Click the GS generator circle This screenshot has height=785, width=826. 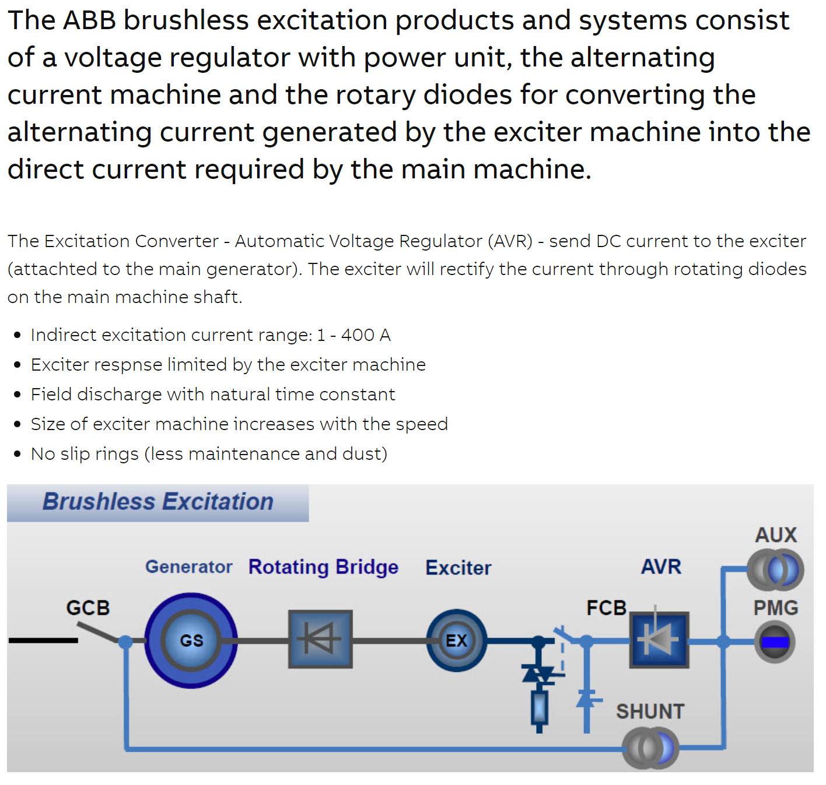(191, 640)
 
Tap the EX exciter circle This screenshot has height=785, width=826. (456, 640)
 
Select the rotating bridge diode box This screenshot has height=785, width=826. (320, 639)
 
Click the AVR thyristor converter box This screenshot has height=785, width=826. (659, 639)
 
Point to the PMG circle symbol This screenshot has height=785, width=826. (775, 642)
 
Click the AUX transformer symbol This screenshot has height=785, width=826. (775, 569)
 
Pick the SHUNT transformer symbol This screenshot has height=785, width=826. (650, 748)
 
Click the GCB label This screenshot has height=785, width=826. (87, 608)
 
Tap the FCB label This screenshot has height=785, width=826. (606, 608)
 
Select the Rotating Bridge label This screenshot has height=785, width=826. (323, 567)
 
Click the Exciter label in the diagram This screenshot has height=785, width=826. (458, 568)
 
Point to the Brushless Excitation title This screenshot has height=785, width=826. (158, 502)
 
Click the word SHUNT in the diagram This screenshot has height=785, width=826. (650, 712)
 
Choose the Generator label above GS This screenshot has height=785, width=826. (188, 567)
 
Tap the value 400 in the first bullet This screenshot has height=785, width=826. (358, 335)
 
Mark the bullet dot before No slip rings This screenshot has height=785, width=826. (17, 454)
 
